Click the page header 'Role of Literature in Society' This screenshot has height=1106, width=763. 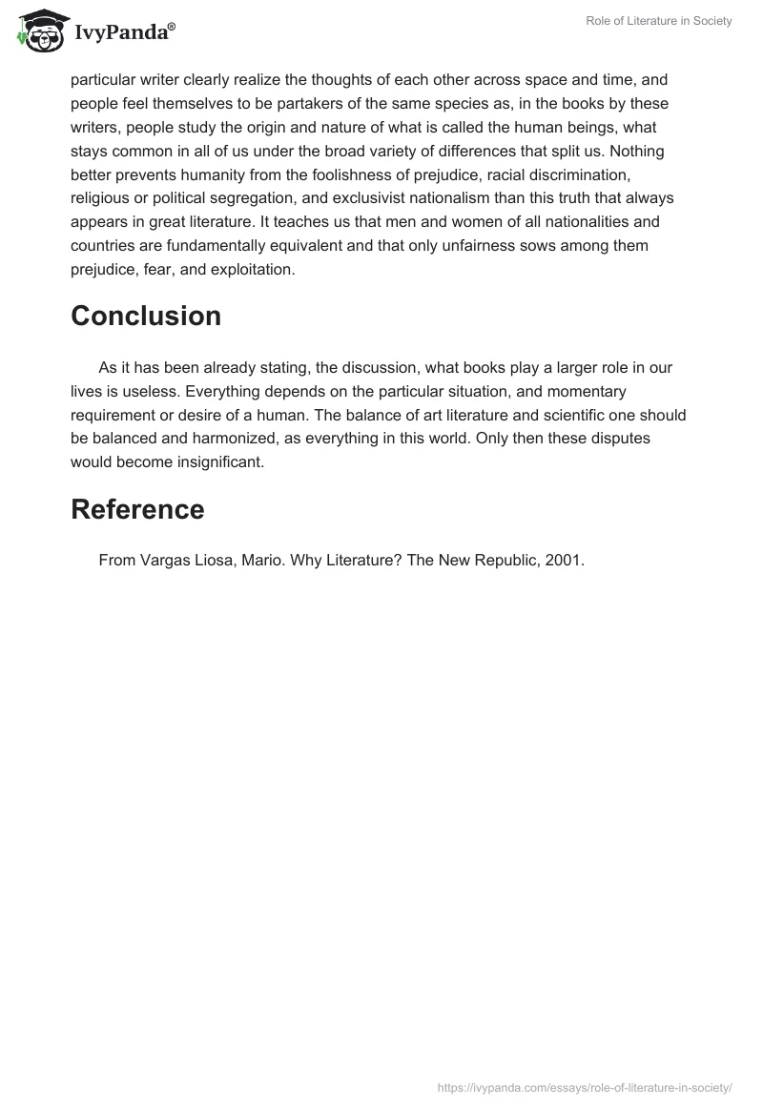659,21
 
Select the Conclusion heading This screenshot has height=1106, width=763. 146,317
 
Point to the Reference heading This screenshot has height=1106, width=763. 137,509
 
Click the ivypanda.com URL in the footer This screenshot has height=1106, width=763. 584,1087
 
